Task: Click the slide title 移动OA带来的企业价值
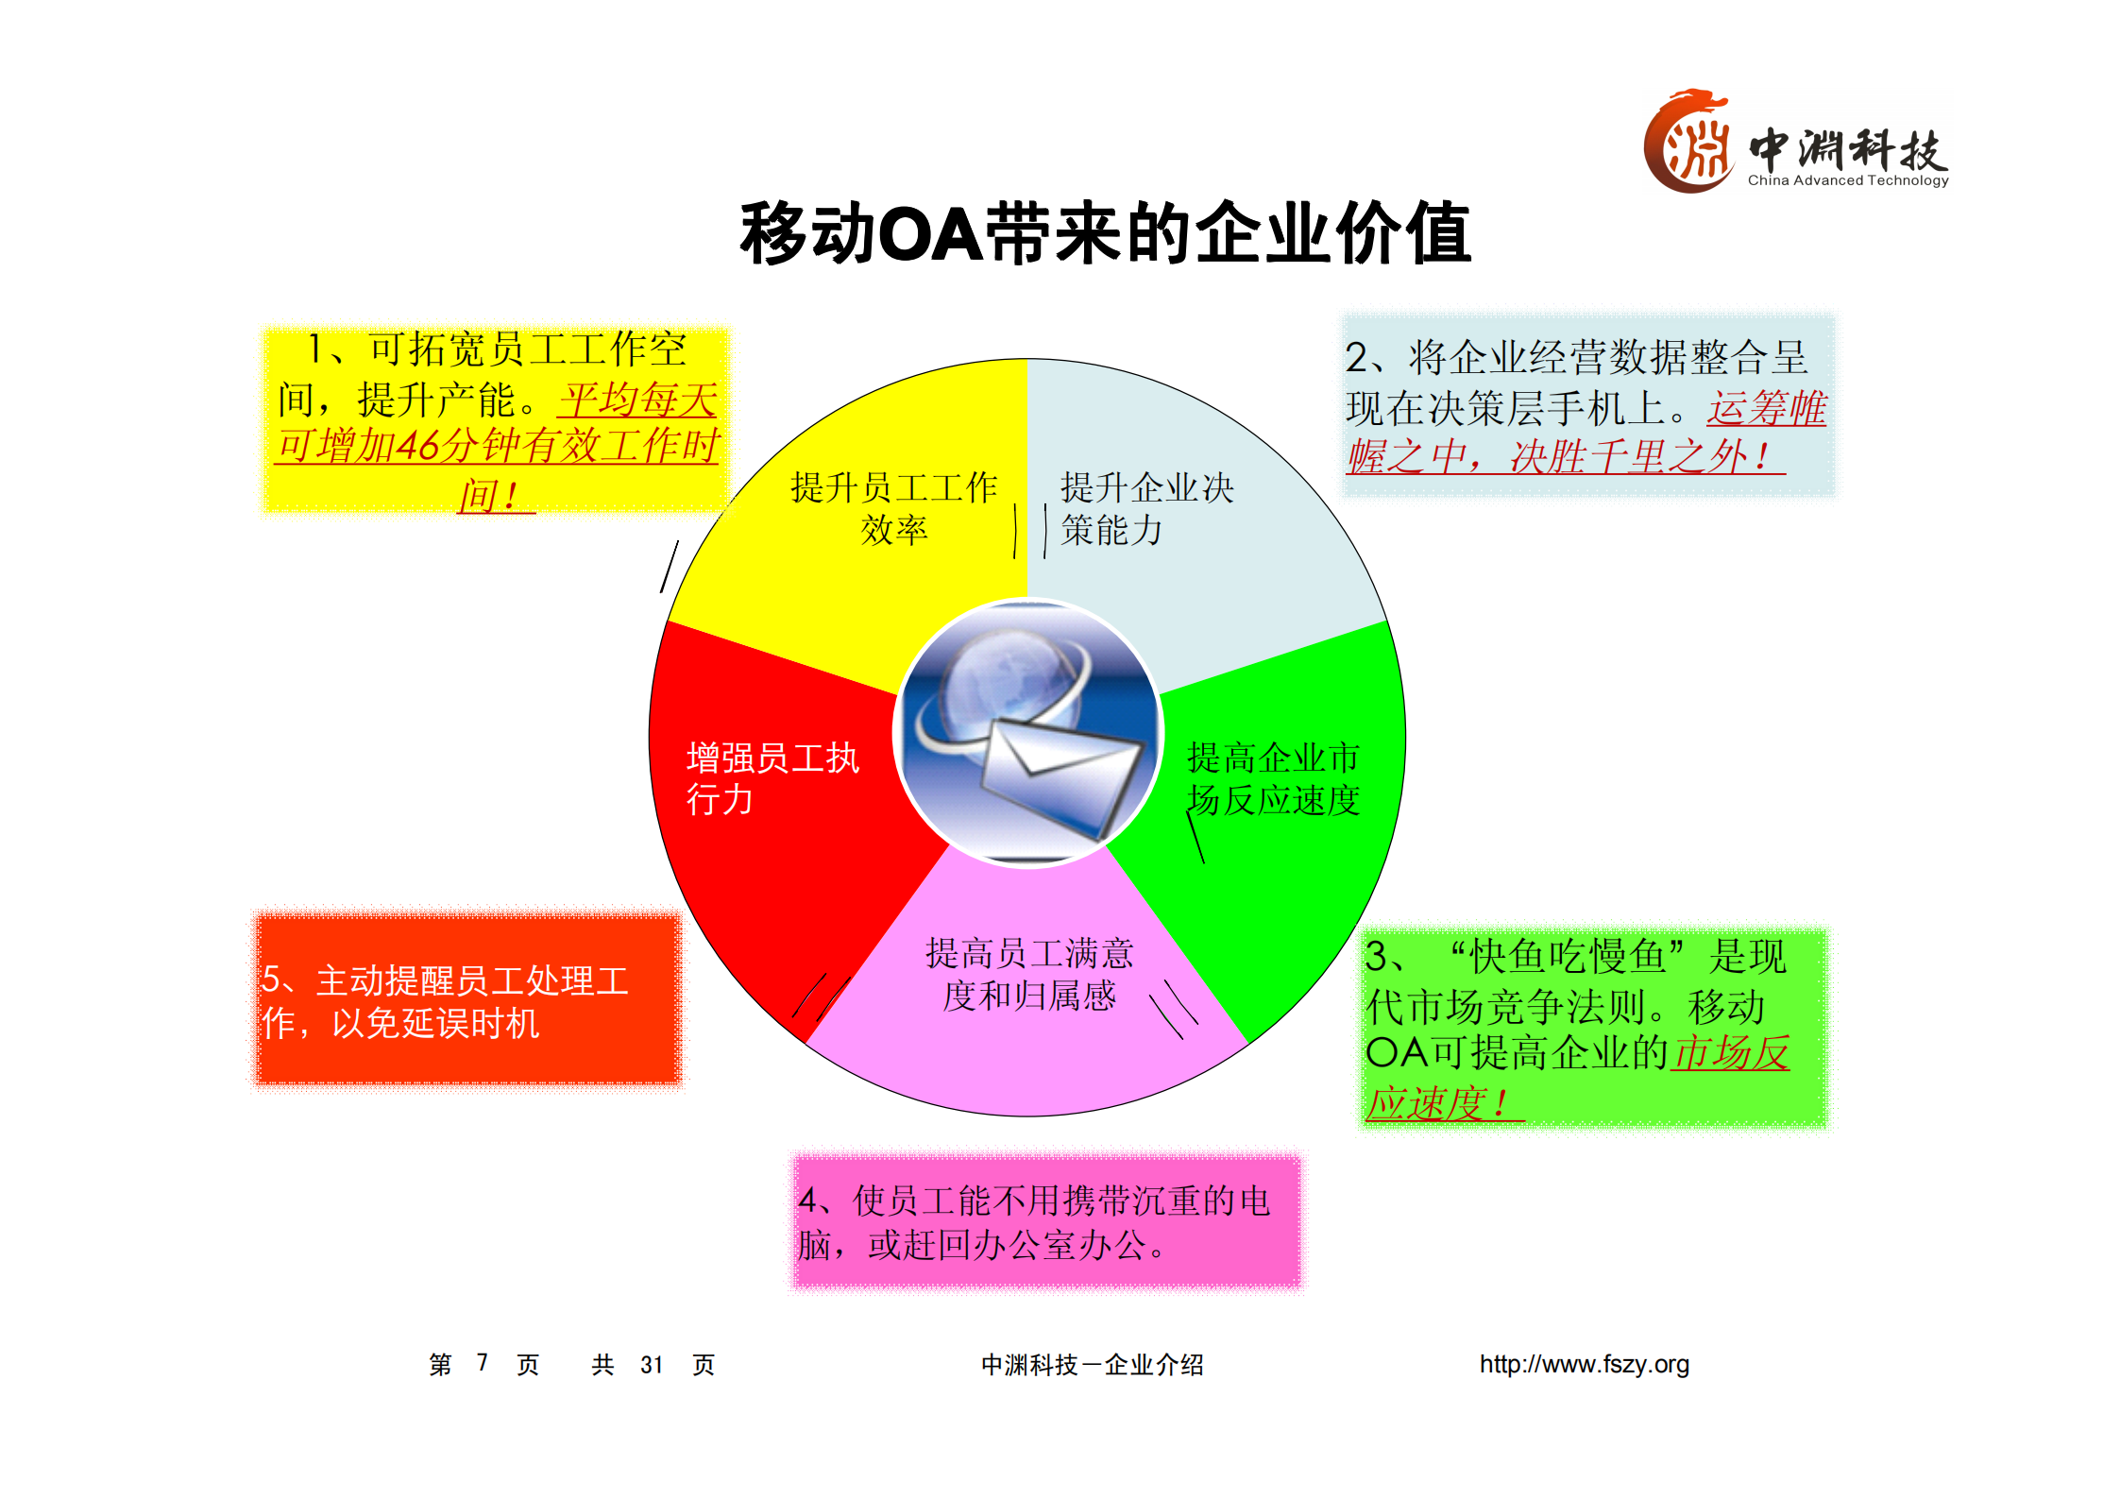click(1105, 233)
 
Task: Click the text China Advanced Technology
click(1847, 180)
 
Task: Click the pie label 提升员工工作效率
click(893, 509)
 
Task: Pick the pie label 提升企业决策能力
click(1146, 509)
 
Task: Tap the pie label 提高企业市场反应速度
click(1273, 779)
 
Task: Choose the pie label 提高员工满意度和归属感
click(1029, 975)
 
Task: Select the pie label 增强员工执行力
click(772, 779)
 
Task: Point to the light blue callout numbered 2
click(1587, 406)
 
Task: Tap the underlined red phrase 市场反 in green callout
click(1731, 1053)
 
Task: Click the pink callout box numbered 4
click(1046, 1221)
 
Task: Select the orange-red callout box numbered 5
click(468, 1000)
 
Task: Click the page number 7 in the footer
click(482, 1362)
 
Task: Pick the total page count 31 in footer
click(652, 1365)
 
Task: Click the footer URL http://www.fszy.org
click(1584, 1364)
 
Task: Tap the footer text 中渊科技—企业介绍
click(1092, 1365)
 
